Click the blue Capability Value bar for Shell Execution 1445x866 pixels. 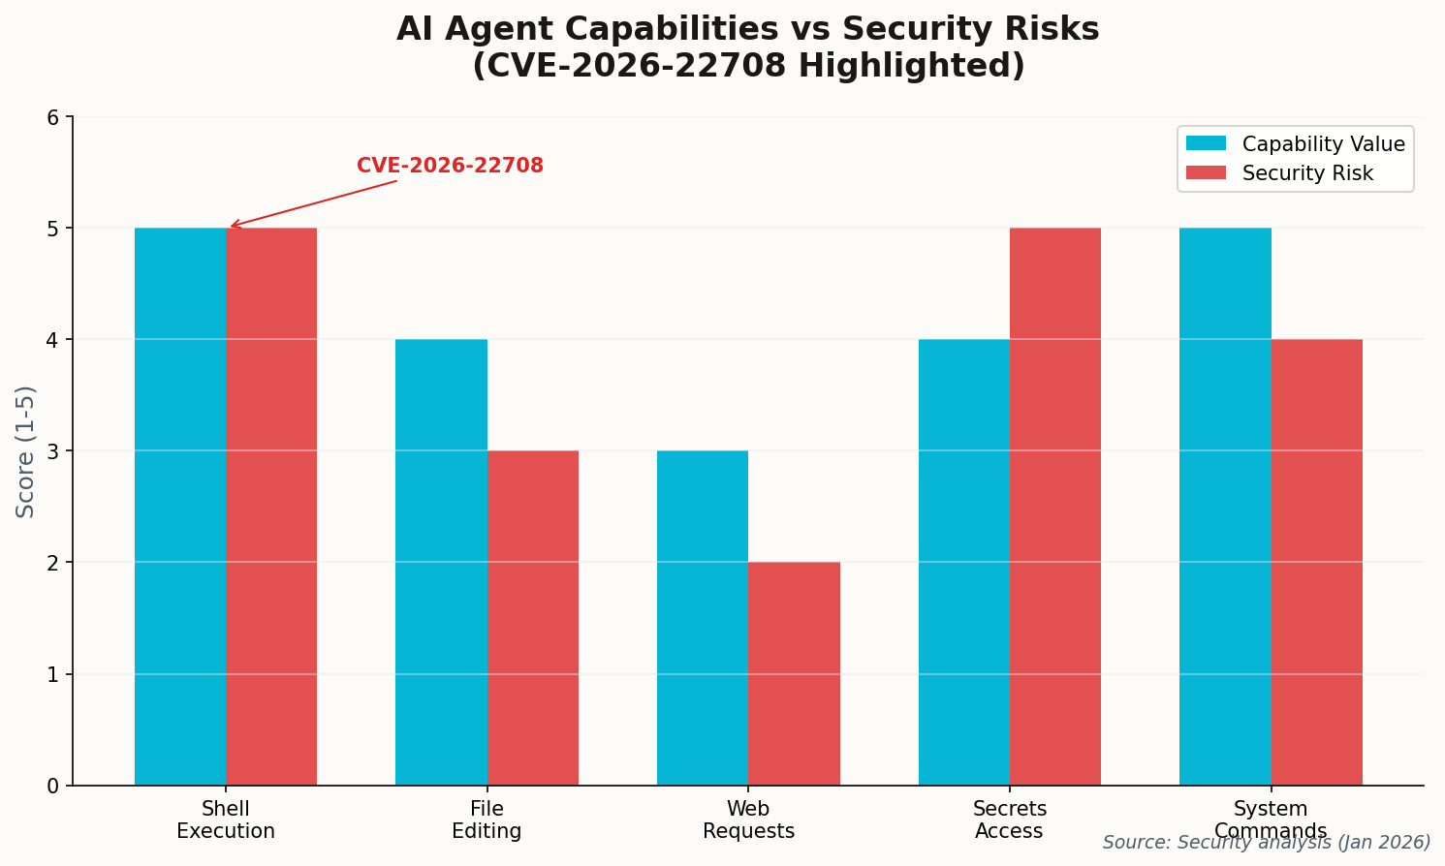[x=180, y=506]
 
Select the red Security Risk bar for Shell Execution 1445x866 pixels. [x=271, y=506]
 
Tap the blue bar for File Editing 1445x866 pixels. [x=441, y=562]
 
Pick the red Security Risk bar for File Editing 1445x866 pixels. [x=533, y=617]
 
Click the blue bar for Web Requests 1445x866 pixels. [x=703, y=617]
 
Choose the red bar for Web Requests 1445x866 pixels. [x=794, y=673]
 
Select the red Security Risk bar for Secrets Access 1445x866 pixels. [x=1055, y=506]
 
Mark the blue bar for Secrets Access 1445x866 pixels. [x=963, y=562]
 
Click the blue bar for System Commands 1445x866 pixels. [x=1225, y=506]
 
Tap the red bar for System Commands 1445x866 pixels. [x=1316, y=562]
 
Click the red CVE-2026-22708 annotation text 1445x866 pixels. [x=450, y=166]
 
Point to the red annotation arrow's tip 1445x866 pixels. [x=231, y=227]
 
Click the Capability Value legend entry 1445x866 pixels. [x=1295, y=144]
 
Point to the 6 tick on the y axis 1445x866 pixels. [x=53, y=117]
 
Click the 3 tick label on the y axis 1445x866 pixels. [x=53, y=451]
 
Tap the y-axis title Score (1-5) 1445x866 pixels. [x=26, y=451]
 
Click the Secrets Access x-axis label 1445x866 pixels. [x=1010, y=820]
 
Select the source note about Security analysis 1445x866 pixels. [x=1266, y=843]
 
